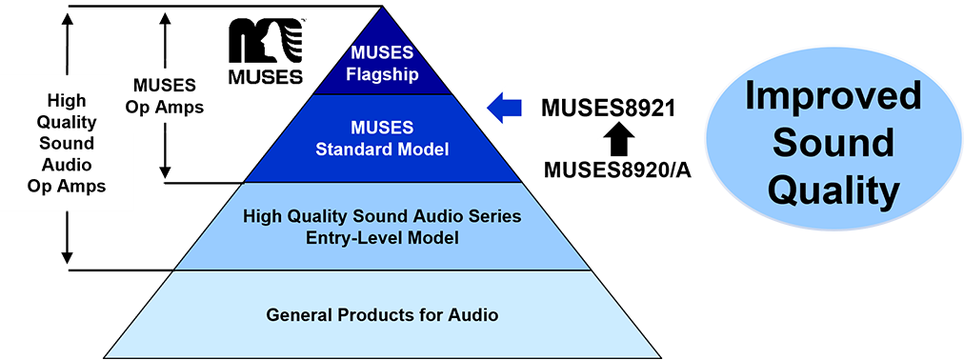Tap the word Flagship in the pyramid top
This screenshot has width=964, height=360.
pyautogui.click(x=383, y=74)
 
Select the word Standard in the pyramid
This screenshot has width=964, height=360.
pyautogui.click(x=351, y=150)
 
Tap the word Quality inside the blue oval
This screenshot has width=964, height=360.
pyautogui.click(x=833, y=190)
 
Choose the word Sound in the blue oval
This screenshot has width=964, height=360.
pyautogui.click(x=833, y=144)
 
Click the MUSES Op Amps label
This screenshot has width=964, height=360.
pyautogui.click(x=165, y=97)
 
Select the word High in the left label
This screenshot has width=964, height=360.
pyautogui.click(x=66, y=100)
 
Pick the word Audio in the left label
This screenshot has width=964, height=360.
pyautogui.click(x=66, y=165)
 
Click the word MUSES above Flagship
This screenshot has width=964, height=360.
pyautogui.click(x=383, y=54)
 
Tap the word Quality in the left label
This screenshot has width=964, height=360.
pyautogui.click(x=66, y=122)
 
